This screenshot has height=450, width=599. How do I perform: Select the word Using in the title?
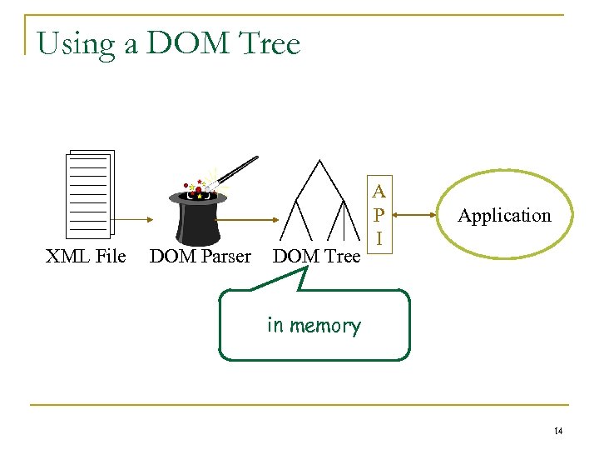77,44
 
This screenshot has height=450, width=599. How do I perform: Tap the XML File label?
85,256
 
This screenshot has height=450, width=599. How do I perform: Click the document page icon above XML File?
89,194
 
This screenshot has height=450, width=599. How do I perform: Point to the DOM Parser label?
200,256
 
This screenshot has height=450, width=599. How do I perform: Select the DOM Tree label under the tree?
316,256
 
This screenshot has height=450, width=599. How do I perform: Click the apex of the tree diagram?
319,158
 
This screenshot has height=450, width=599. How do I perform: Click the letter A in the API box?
379,191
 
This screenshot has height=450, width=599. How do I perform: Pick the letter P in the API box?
379,214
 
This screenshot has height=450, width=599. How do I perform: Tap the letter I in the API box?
379,238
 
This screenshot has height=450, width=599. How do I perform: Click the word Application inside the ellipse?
504,216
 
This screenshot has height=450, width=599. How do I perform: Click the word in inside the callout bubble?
275,325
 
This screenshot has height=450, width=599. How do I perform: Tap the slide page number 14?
558,430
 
